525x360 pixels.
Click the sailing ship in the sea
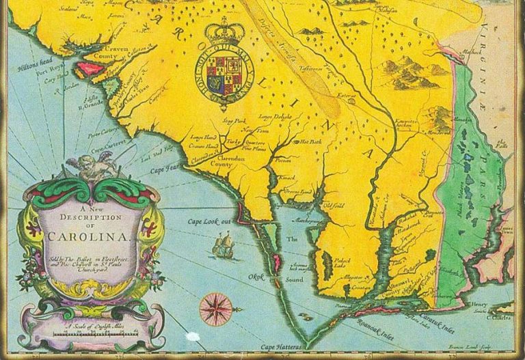click(224, 244)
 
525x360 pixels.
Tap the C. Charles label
click(499, 318)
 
